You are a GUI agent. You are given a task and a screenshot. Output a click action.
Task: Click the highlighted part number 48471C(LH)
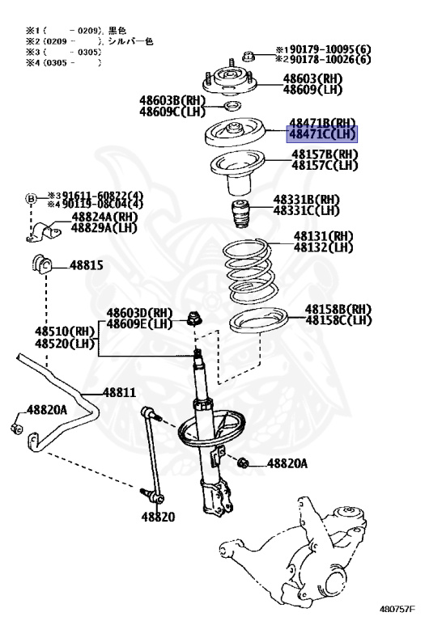tap(322, 135)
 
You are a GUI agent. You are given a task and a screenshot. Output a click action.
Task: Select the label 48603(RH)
tap(312, 78)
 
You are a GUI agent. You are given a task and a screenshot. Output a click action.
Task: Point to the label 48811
tap(118, 392)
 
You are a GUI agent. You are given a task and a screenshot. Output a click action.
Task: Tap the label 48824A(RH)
tap(104, 218)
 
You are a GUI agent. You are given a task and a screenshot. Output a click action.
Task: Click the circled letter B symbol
tap(31, 199)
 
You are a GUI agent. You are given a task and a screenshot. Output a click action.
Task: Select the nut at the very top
tap(249, 56)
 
